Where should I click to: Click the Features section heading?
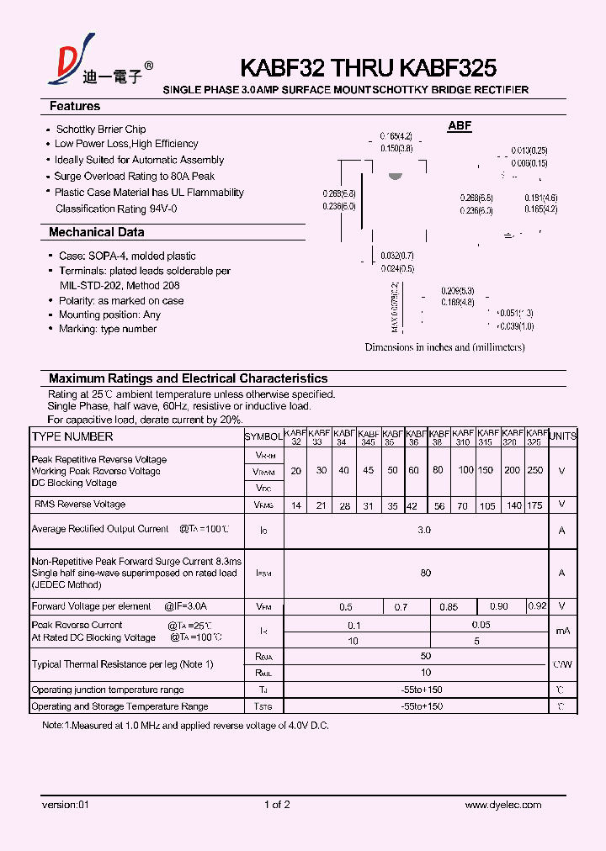(x=75, y=107)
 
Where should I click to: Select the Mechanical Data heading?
(x=96, y=232)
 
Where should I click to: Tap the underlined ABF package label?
(x=460, y=126)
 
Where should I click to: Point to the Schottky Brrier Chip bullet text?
(x=101, y=129)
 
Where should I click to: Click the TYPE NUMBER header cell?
(x=72, y=436)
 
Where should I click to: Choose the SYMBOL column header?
(x=263, y=437)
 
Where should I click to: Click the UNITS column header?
(x=562, y=436)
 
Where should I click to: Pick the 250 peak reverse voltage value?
(x=536, y=471)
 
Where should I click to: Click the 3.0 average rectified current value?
(x=424, y=530)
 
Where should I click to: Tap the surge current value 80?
(x=425, y=573)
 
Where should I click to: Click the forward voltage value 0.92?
(x=536, y=605)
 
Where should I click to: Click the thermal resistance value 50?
(x=425, y=656)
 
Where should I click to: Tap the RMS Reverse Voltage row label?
(x=80, y=505)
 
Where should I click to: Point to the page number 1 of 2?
(x=277, y=805)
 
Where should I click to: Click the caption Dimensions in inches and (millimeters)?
(x=444, y=347)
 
